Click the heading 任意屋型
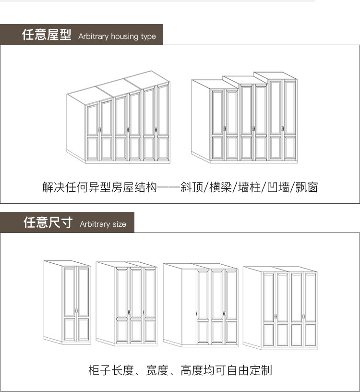[x=47, y=35]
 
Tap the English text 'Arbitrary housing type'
[x=117, y=37]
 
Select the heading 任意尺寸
[x=48, y=223]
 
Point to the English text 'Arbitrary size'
[x=103, y=224]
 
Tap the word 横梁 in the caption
[x=220, y=187]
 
